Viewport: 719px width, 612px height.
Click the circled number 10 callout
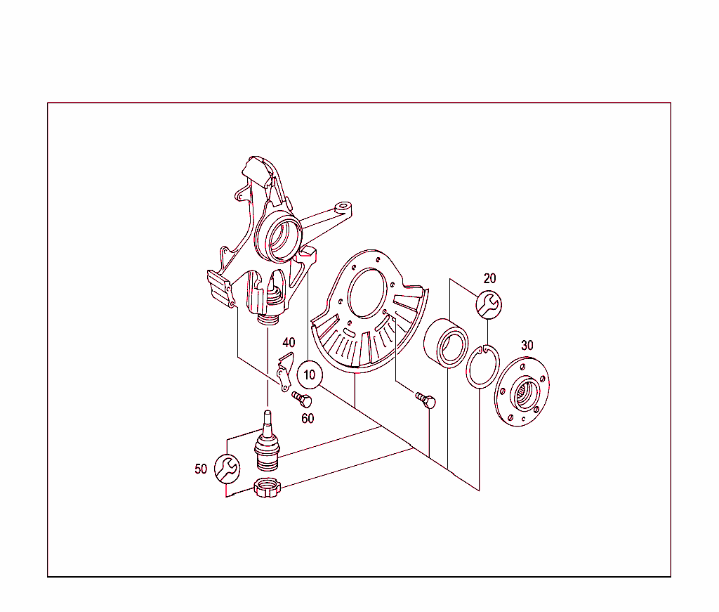point(310,375)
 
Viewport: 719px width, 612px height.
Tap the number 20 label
point(489,278)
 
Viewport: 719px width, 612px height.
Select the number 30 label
point(527,346)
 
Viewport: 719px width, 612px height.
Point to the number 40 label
point(289,343)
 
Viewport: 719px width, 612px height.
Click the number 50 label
point(201,469)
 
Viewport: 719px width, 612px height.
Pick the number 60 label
point(308,418)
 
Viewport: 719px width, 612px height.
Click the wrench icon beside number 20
point(489,305)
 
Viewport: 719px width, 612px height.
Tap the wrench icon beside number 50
point(227,469)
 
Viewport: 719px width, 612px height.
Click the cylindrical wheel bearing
point(446,343)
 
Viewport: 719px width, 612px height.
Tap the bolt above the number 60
point(302,400)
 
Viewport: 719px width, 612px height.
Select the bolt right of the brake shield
point(426,400)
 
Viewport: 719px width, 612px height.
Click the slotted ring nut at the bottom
point(267,488)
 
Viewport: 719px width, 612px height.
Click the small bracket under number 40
point(285,372)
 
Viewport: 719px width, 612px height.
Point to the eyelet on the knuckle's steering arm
point(343,207)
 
